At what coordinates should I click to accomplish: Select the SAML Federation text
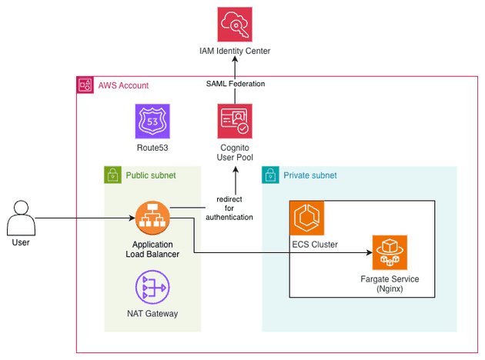click(x=236, y=83)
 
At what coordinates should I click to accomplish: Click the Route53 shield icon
click(x=152, y=122)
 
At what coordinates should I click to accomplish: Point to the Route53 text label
click(x=152, y=147)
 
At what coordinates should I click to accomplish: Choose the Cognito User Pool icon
click(x=236, y=122)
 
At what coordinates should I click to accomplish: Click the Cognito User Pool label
click(x=236, y=152)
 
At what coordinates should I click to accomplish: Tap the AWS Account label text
click(x=123, y=85)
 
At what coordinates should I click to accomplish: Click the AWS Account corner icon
click(x=84, y=85)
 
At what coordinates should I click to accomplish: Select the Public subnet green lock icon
click(x=112, y=175)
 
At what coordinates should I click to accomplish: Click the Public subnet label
click(x=151, y=175)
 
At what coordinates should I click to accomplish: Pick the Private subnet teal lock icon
click(x=270, y=175)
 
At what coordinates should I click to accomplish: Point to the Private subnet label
click(x=310, y=175)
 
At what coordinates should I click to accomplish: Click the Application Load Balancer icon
click(x=152, y=218)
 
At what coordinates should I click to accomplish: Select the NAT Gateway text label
click(x=152, y=313)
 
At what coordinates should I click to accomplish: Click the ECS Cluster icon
click(x=307, y=218)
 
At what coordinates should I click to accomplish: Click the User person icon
click(x=21, y=218)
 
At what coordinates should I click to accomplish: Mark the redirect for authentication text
click(x=229, y=208)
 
